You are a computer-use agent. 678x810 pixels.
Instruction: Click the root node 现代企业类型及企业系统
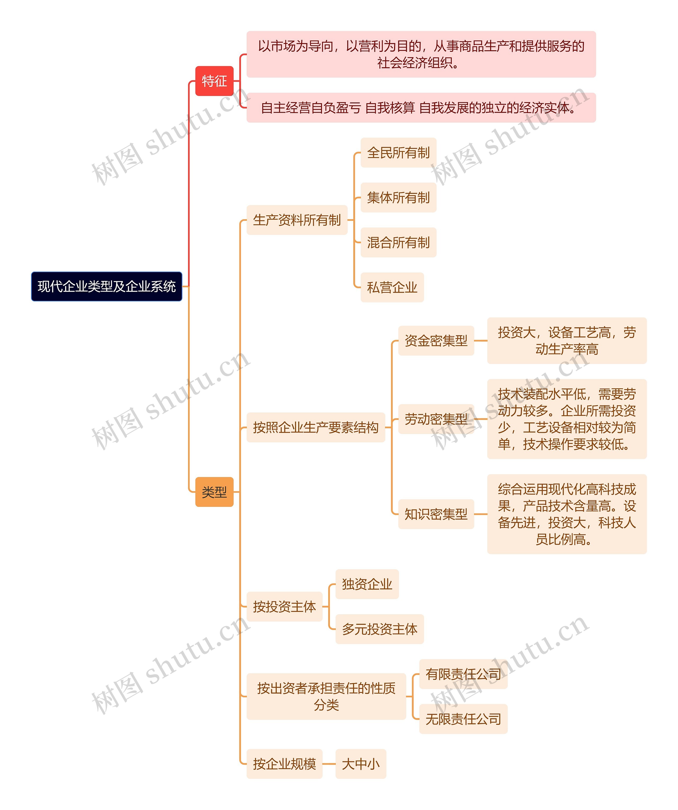[106, 286]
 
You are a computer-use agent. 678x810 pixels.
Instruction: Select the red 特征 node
[214, 81]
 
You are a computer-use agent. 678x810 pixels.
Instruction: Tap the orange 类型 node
[214, 492]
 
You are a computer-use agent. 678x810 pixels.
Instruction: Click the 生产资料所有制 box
[297, 220]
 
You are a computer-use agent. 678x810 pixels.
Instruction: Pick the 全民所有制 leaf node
[398, 153]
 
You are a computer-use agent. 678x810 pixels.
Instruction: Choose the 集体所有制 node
[398, 198]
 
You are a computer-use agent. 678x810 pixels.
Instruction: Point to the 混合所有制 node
[398, 242]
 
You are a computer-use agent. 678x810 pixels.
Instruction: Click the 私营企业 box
[392, 287]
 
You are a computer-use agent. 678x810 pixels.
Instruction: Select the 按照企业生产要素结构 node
[315, 427]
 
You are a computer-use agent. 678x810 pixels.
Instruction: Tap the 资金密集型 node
[436, 340]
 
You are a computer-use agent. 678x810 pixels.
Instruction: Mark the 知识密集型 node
[436, 514]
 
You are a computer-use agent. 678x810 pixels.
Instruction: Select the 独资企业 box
[367, 584]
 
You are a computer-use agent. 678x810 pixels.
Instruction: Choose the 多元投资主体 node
[380, 629]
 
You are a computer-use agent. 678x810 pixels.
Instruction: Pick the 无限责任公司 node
[463, 719]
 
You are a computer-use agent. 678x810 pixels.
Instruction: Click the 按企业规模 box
[284, 764]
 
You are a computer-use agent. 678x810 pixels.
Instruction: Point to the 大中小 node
[361, 764]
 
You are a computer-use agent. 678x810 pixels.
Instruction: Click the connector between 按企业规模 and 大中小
[329, 764]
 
